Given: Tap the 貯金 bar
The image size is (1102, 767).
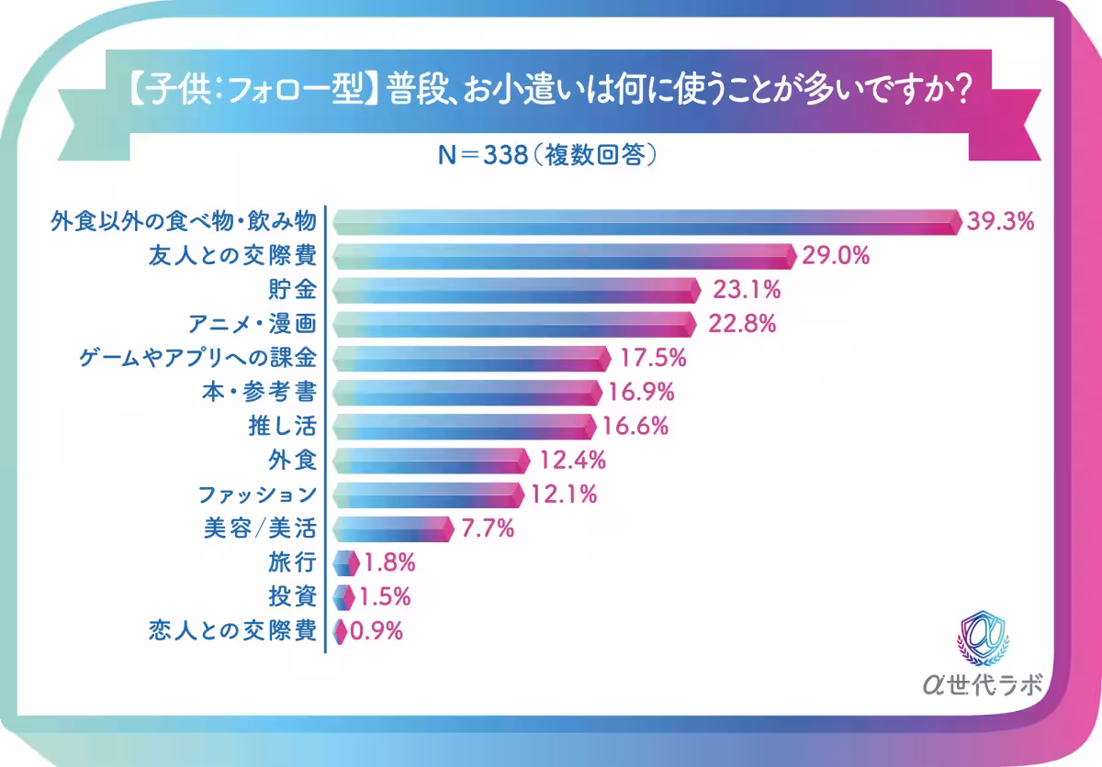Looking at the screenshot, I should (x=514, y=291).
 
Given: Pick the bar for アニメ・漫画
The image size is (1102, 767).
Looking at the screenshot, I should (x=512, y=325).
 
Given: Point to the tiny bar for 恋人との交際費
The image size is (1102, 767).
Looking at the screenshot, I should (x=339, y=631).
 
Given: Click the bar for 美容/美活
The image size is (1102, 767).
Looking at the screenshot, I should (x=392, y=528).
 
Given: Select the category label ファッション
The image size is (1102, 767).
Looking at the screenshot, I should (x=258, y=495).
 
